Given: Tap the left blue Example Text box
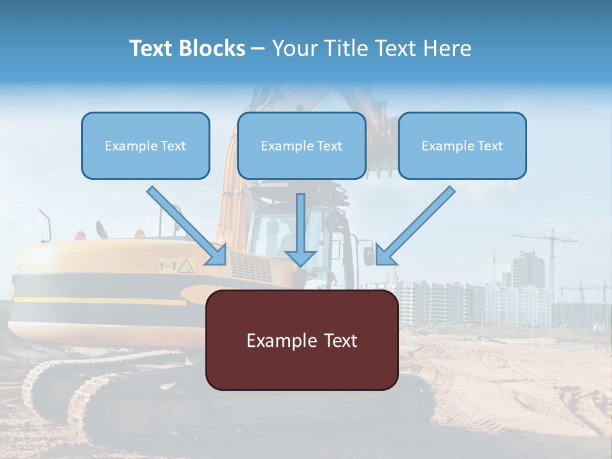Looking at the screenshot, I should pyautogui.click(x=145, y=145).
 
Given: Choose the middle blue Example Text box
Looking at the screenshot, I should pyautogui.click(x=302, y=145).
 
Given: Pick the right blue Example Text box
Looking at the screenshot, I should pyautogui.click(x=462, y=145).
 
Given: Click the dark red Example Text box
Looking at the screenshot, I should pyautogui.click(x=302, y=340).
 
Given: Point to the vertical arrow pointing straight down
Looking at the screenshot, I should pyautogui.click(x=300, y=229).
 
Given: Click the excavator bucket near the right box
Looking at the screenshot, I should pyautogui.click(x=381, y=159).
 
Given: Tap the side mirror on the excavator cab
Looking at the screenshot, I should pyautogui.click(x=369, y=255).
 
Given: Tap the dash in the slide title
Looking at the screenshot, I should pyautogui.click(x=258, y=48).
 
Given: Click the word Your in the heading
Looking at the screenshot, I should pyautogui.click(x=294, y=48).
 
